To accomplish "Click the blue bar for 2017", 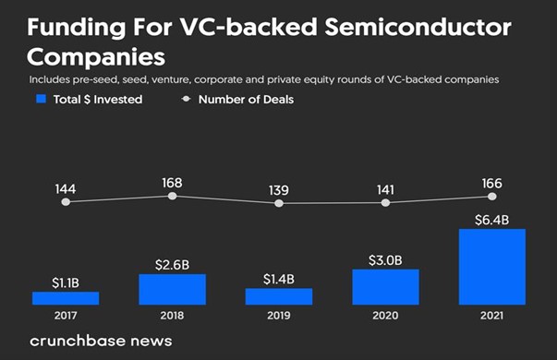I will pos(65,297).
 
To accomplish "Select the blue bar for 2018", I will pos(172,289).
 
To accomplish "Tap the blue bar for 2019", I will pos(278,295).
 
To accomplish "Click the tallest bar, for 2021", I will pos(491,267).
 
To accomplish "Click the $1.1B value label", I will pos(65,282).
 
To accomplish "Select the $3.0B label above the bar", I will pos(385,259).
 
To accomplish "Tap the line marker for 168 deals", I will pos(172,196).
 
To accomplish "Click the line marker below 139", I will pos(278,202).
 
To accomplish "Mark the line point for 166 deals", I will pos(491,196).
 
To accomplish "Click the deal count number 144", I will pos(65,188).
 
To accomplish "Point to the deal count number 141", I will pos(385,189).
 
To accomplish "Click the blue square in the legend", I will pos(39,99).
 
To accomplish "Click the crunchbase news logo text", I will pos(100,340).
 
